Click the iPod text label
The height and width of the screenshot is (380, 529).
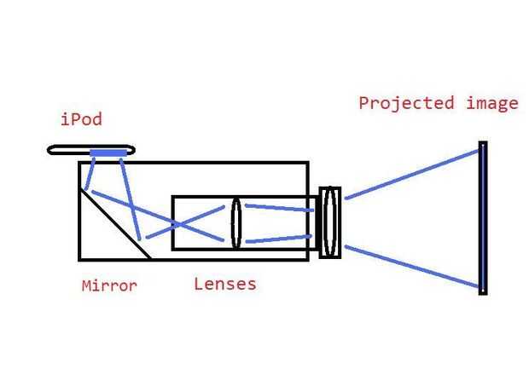tap(81, 119)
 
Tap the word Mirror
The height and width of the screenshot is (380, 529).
tap(109, 286)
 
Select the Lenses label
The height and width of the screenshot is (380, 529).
tap(225, 285)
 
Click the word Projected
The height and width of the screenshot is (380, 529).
tap(406, 103)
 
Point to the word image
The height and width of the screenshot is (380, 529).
tap(492, 103)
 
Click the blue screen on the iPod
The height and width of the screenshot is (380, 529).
tap(108, 153)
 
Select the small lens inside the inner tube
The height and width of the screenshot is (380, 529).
tap(236, 223)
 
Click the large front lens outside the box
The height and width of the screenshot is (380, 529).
tap(330, 222)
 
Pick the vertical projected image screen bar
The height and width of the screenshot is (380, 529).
tap(483, 218)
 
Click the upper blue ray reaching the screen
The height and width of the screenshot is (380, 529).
tap(411, 175)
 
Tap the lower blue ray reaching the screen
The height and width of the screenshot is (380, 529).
tap(411, 267)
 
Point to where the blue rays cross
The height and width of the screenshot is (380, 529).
tap(177, 224)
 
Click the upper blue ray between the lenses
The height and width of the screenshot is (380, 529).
tap(279, 208)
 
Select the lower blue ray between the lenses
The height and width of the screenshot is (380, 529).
tap(279, 239)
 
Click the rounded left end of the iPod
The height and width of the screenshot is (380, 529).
tap(49, 150)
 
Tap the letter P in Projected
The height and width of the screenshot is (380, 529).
tap(363, 103)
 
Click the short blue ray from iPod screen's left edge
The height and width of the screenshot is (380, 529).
tap(90, 174)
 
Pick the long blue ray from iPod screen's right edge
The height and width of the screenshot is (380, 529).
tap(130, 199)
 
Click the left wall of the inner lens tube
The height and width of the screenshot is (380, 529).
tap(173, 223)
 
